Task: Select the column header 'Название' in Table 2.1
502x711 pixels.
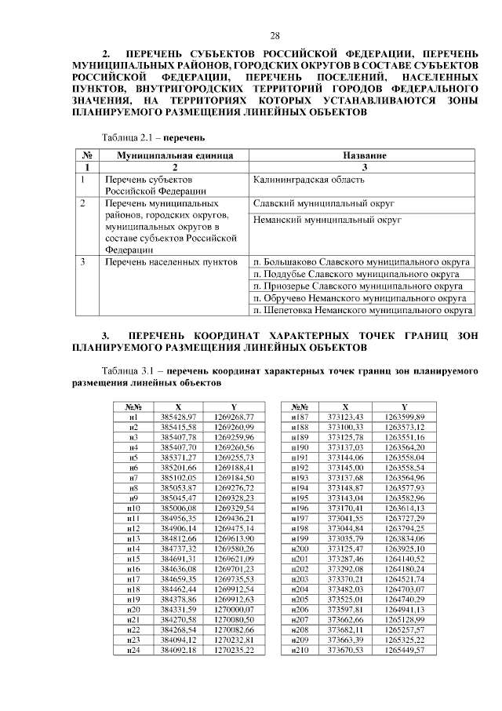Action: click(363, 156)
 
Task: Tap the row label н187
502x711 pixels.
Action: click(300, 416)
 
